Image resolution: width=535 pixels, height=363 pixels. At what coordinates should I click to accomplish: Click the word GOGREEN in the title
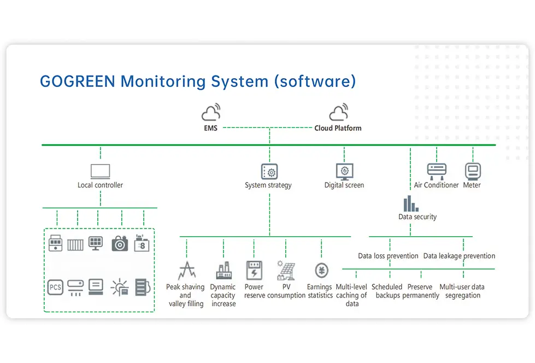pos(77,81)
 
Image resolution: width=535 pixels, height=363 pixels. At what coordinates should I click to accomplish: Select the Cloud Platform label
pos(338,128)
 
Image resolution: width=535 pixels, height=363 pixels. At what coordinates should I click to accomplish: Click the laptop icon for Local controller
pos(100,171)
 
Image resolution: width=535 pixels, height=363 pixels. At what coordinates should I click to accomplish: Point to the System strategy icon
pos(269,171)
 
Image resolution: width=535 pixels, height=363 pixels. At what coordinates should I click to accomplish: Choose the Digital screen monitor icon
pos(344,171)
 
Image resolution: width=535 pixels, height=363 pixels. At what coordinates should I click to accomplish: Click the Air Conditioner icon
pos(437,171)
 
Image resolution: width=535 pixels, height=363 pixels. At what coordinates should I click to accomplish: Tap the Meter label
pos(472,185)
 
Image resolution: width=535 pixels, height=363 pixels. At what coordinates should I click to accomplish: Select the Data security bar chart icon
pos(410,204)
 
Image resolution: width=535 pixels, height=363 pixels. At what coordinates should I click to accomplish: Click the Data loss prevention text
pos(388,256)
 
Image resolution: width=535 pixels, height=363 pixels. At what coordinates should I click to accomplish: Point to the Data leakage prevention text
pos(459,256)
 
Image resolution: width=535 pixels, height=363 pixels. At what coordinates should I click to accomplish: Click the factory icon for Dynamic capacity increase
pos(223,271)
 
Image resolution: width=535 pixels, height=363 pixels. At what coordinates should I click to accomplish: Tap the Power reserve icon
pos(254,271)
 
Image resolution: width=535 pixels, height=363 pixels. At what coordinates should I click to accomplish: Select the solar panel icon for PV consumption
pos(286,271)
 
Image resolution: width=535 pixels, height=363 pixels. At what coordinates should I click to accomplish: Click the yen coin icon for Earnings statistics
pos(321,271)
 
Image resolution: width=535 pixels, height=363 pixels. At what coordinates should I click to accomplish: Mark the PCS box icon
pos(55,287)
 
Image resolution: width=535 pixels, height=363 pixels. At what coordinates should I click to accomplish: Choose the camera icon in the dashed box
pos(119,243)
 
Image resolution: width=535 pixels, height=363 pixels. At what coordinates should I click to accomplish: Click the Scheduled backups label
pos(387,291)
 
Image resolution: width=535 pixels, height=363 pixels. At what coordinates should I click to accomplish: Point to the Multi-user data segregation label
pos(462,291)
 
